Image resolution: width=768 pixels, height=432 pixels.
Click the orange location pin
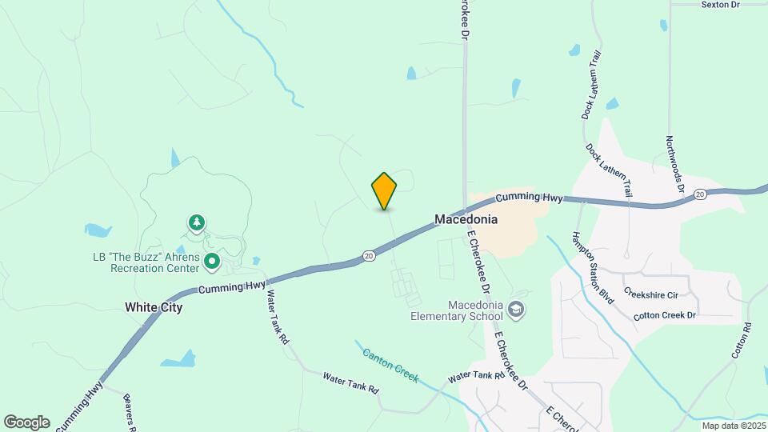(x=384, y=190)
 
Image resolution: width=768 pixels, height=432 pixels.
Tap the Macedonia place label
(x=466, y=219)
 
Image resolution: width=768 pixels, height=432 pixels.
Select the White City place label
(x=154, y=307)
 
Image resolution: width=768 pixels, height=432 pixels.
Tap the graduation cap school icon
(x=517, y=308)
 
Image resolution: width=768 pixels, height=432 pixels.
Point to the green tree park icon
(x=196, y=223)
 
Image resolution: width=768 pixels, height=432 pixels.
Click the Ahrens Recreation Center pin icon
(x=212, y=261)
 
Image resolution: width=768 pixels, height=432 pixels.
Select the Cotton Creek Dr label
(x=665, y=316)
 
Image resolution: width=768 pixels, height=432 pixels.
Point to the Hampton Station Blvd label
(x=592, y=267)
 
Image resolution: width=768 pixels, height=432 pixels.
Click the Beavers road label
(x=129, y=411)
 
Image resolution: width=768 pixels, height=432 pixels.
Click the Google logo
(x=26, y=422)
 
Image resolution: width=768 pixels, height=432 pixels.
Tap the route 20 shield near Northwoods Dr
(x=700, y=194)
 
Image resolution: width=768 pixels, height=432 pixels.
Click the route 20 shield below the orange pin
(x=368, y=256)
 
